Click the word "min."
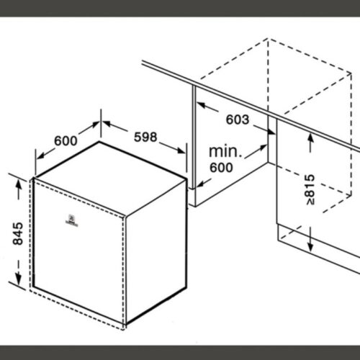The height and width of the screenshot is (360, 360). [x=224, y=152]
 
